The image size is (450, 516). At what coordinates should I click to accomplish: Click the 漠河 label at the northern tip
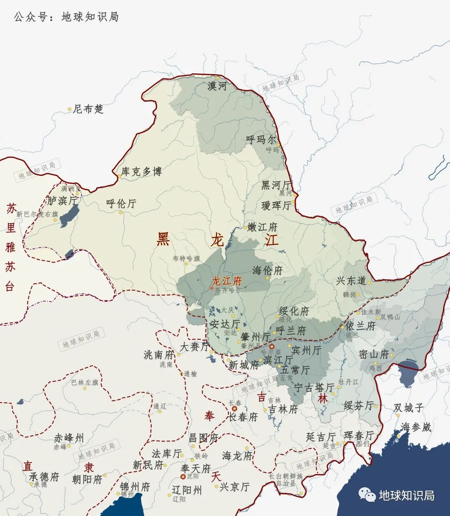coord(217,86)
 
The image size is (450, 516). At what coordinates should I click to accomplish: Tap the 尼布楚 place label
coord(88,109)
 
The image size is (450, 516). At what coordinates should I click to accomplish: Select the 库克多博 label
coord(141,171)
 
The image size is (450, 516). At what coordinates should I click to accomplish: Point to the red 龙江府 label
coord(227,281)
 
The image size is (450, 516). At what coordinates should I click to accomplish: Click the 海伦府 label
coord(267,271)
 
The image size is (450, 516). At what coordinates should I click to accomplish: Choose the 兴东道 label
coord(351,281)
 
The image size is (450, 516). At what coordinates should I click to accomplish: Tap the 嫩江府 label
coord(262,227)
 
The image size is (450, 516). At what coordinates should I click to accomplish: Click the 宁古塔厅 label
coord(314,388)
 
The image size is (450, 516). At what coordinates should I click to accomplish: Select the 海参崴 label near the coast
coord(416,427)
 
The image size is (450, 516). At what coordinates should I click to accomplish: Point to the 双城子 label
coord(408,408)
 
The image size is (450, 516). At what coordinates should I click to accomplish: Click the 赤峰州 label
coord(69,438)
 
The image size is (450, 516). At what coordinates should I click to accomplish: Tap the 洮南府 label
coord(158,355)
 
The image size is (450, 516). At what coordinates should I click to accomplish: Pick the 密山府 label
coord(374,354)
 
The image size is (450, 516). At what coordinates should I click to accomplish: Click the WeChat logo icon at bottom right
coord(367,495)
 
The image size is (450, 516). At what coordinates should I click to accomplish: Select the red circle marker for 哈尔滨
coord(272,346)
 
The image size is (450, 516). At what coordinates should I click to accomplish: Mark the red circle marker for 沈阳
coord(182,476)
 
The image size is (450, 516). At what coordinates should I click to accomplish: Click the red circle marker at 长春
coord(235,409)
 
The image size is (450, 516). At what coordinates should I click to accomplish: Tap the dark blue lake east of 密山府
coord(408,371)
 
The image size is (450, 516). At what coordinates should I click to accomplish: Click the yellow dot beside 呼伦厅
coord(121,212)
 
